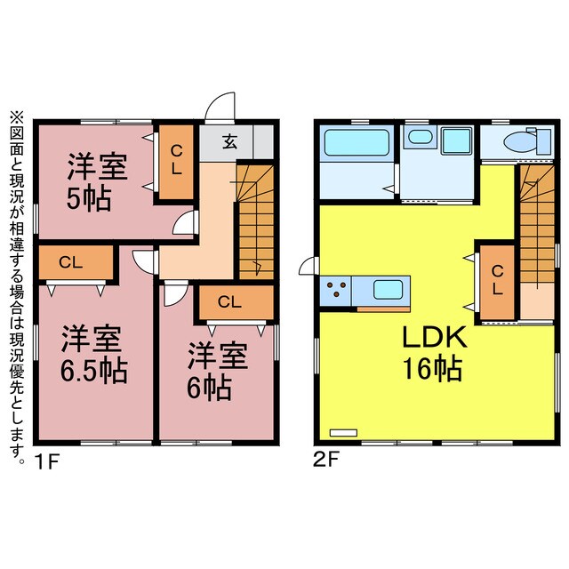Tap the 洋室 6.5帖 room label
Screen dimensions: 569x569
[x=92, y=354]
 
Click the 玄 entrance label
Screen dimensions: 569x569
[x=229, y=141]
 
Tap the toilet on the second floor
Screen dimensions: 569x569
[x=518, y=142]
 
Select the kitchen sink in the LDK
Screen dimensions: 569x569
[x=389, y=289]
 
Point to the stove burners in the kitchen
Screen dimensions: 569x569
[x=338, y=289]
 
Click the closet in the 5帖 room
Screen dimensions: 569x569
[x=176, y=162]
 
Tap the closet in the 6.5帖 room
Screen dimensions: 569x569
[x=75, y=262]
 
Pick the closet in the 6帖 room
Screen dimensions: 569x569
[x=228, y=301]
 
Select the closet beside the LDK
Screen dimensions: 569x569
[x=497, y=281]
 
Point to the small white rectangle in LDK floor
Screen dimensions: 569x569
[x=342, y=433]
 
